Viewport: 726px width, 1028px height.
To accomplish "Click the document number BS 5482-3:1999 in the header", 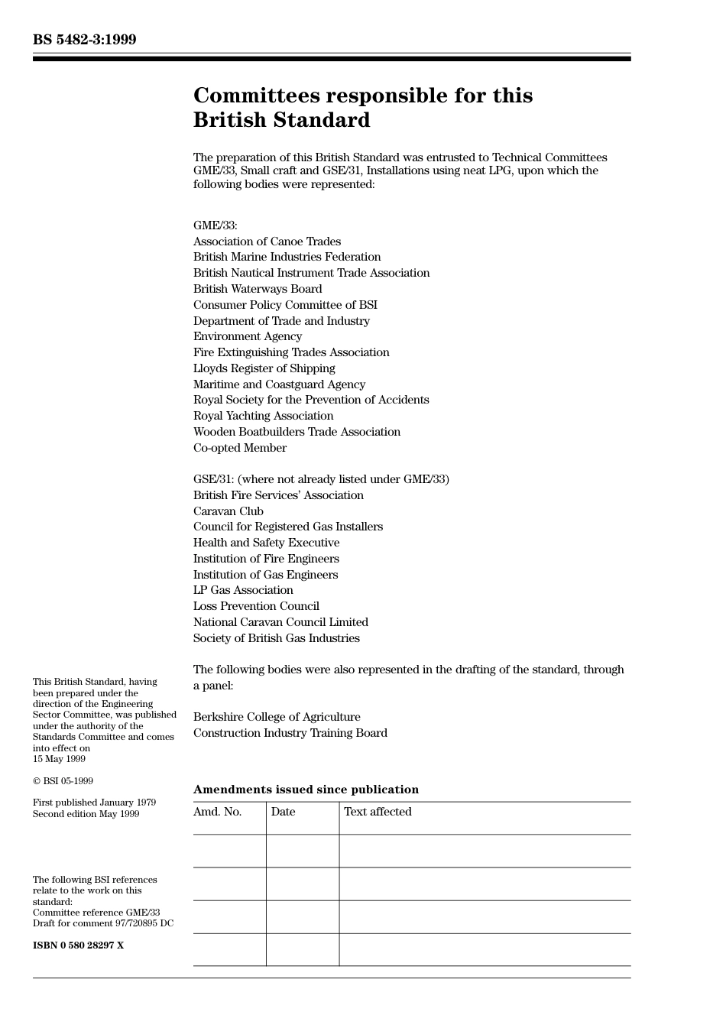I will click(x=84, y=40).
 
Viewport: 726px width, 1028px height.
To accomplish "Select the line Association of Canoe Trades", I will click(x=267, y=242).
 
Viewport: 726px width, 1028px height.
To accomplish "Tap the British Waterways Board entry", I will click(x=258, y=289).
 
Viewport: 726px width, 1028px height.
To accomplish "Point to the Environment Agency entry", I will click(x=248, y=336).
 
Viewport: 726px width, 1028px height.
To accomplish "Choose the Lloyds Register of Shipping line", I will click(x=264, y=368).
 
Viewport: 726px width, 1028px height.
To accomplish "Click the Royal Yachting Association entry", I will click(x=263, y=416).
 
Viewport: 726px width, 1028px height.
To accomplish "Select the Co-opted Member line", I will click(x=240, y=448).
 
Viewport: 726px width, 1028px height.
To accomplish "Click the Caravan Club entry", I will click(x=228, y=511).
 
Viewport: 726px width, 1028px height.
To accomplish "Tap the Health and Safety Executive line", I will click(x=266, y=543).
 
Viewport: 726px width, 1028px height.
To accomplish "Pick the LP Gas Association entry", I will click(x=243, y=590).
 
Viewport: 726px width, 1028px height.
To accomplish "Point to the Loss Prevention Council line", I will click(x=256, y=606).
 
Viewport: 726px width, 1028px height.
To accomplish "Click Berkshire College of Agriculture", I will click(x=277, y=717).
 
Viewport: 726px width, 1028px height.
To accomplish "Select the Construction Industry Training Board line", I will click(x=290, y=733).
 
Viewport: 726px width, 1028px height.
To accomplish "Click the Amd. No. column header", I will click(x=217, y=812).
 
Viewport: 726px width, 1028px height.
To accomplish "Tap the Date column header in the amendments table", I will click(x=283, y=812).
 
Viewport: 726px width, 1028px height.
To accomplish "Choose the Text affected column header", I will click(x=378, y=812).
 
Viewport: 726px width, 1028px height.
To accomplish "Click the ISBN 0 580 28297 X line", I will click(x=78, y=945).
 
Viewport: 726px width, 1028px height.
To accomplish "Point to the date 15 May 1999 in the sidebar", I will click(x=59, y=759).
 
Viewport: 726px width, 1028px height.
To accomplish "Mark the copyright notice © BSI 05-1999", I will click(x=63, y=781).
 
